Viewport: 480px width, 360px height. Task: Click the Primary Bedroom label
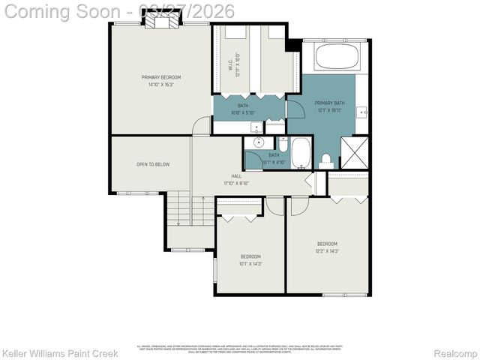161,77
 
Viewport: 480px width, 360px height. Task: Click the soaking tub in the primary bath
337,57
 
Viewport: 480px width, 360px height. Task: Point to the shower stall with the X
354,152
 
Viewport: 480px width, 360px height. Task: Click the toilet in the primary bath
326,159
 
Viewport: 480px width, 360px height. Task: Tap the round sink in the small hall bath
258,142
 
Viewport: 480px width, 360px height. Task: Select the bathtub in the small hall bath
301,152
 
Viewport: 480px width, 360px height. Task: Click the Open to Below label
152,163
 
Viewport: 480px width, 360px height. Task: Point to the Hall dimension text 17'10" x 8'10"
236,183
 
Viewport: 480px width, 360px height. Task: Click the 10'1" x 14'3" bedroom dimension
250,263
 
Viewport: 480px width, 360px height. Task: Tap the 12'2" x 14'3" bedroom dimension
327,251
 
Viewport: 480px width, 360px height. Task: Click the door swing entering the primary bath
295,110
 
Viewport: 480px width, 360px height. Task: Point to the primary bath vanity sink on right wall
362,112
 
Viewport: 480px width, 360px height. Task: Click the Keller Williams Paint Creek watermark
60,353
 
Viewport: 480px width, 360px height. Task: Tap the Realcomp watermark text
455,353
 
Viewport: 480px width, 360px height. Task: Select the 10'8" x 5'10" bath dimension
243,113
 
